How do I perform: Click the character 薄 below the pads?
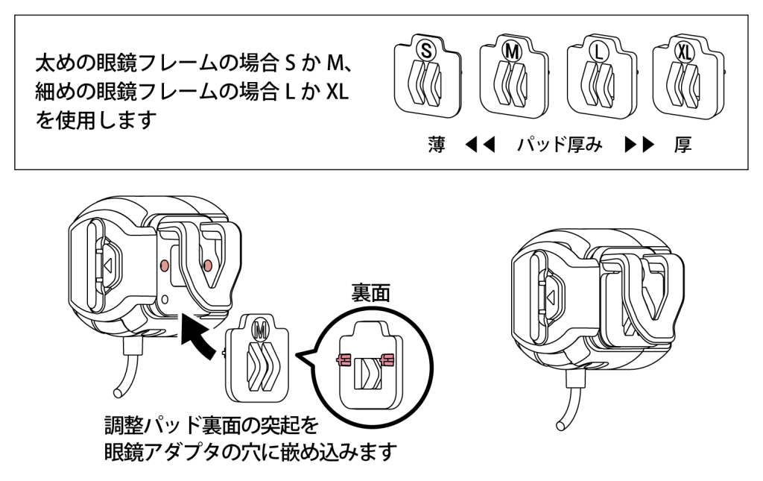(439, 144)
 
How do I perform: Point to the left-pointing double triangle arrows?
(477, 145)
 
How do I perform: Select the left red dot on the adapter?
(166, 265)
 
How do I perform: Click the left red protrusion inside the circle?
(343, 360)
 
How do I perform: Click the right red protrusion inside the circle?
(387, 360)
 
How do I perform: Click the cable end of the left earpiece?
(117, 393)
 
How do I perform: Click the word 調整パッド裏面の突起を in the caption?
(212, 427)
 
